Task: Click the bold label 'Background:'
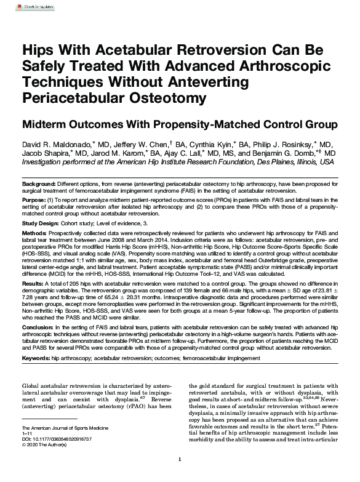[39, 184]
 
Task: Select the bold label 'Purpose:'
[34, 200]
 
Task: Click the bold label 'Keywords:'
[36, 357]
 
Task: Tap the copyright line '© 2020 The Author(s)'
[46, 444]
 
